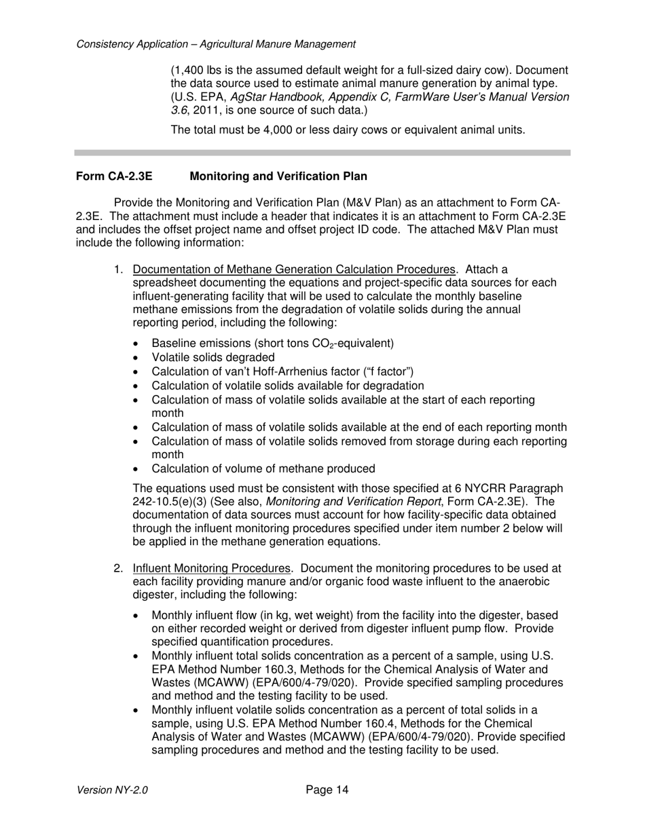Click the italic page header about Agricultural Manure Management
[216, 44]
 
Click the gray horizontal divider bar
[322, 153]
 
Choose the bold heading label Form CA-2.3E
[114, 177]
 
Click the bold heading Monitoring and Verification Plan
[278, 177]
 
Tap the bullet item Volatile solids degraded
[213, 357]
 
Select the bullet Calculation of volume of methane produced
[263, 468]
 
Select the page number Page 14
[327, 790]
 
